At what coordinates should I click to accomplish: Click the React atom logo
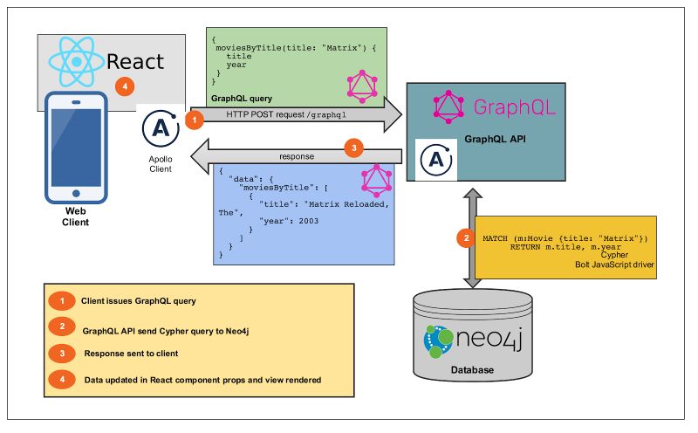tap(76, 59)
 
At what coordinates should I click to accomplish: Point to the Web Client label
tap(75, 216)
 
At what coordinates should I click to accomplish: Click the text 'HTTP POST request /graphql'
tap(280, 114)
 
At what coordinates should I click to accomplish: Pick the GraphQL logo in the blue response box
tap(376, 181)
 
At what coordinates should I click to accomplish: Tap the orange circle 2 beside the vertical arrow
tap(466, 237)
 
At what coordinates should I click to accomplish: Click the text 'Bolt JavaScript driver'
tap(615, 264)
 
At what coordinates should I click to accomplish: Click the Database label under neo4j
tap(472, 370)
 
